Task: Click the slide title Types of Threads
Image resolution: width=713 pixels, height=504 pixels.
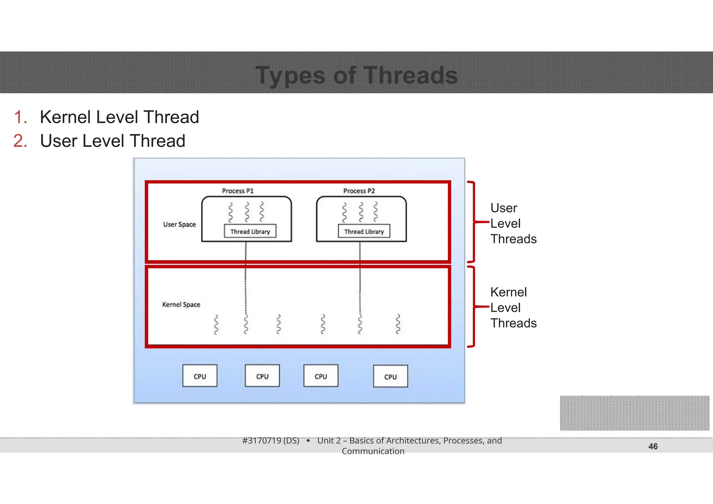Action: click(x=356, y=75)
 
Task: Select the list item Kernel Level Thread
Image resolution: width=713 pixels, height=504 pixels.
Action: click(x=119, y=117)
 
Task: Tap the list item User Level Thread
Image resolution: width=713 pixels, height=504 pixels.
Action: click(x=112, y=141)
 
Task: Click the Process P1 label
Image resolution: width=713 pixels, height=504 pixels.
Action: click(x=238, y=191)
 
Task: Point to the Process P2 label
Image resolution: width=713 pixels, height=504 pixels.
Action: click(x=359, y=191)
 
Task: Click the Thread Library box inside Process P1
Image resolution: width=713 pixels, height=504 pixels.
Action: click(x=250, y=231)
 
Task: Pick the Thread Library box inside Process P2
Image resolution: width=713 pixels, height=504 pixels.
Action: click(x=364, y=231)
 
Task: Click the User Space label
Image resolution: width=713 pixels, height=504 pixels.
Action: click(x=179, y=225)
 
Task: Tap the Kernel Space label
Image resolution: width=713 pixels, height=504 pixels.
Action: click(x=181, y=305)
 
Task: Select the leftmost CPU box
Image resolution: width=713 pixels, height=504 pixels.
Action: click(x=200, y=376)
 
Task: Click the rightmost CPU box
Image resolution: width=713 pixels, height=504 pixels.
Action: click(x=390, y=376)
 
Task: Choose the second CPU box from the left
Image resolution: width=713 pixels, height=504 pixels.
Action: click(x=262, y=376)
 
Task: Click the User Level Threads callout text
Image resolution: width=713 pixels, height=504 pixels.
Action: click(x=513, y=223)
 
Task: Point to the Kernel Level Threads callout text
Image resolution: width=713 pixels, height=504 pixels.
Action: click(x=513, y=308)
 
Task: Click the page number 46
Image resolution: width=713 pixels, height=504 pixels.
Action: click(x=653, y=446)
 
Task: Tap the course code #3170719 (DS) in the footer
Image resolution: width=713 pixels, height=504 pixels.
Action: click(x=271, y=441)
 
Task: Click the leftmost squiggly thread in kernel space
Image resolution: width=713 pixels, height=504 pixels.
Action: click(x=216, y=324)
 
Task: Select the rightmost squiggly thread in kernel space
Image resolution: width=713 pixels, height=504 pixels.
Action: click(x=398, y=324)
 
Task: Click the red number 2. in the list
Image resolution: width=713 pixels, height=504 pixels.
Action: click(x=20, y=141)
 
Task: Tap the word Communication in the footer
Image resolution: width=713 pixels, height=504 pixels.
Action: click(x=373, y=451)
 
